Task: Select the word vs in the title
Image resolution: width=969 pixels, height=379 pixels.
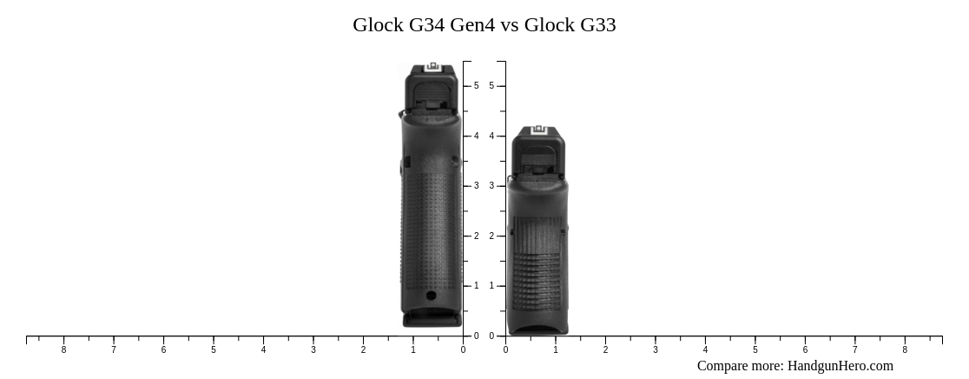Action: (x=510, y=25)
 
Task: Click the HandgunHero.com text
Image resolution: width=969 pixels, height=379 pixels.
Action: (x=840, y=366)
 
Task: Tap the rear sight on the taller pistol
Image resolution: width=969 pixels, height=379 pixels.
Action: (x=432, y=68)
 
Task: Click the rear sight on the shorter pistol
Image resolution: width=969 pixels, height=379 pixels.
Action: (x=537, y=130)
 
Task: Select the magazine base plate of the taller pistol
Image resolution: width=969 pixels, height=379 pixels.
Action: (x=432, y=320)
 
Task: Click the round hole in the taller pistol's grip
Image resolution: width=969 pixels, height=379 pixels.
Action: (x=432, y=296)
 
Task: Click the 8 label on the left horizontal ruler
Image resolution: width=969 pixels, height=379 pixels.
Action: (x=63, y=350)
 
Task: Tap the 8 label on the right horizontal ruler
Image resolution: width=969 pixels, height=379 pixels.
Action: (x=905, y=350)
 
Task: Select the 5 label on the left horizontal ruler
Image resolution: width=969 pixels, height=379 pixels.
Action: (x=214, y=350)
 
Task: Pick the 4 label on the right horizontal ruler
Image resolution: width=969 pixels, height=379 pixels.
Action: (x=705, y=350)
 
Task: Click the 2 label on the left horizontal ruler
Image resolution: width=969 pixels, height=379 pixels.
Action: (x=363, y=350)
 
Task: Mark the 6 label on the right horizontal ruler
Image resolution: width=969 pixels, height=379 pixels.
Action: (x=805, y=350)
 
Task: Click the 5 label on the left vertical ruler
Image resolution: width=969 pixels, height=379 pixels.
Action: (x=476, y=86)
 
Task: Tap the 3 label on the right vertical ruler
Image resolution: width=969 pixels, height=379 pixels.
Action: (x=491, y=186)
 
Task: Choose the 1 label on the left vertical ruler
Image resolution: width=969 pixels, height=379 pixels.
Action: (x=476, y=286)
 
